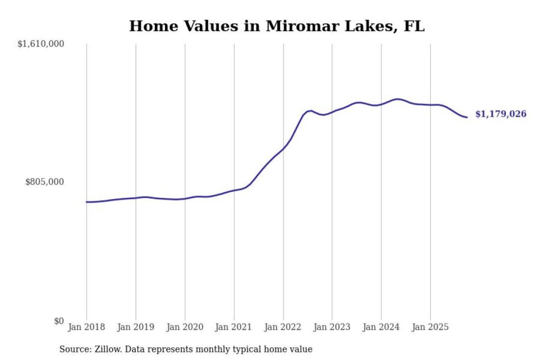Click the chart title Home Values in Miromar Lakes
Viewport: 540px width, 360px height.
tap(277, 26)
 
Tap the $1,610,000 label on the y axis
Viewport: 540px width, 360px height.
tap(41, 44)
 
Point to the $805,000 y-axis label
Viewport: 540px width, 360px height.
tap(45, 182)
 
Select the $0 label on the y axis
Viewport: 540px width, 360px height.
tap(59, 321)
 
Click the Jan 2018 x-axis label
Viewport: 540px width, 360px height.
tap(86, 327)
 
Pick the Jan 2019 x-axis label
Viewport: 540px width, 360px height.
tap(135, 327)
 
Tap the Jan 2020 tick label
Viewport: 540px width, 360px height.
tap(184, 327)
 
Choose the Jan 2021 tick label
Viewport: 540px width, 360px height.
tap(233, 327)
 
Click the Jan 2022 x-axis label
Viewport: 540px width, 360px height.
tap(282, 327)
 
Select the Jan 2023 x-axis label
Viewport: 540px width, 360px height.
tap(331, 327)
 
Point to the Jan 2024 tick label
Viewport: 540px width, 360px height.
tap(381, 327)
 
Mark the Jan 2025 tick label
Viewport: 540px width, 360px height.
tap(430, 327)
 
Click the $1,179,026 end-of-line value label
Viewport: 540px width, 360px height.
tap(501, 114)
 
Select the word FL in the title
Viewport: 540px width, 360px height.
tap(414, 26)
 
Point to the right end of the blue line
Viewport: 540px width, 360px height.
tap(467, 117)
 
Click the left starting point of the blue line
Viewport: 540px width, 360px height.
tap(87, 202)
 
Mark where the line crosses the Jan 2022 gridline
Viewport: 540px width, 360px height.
tap(283, 148)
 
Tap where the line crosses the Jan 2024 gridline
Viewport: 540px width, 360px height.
tap(381, 104)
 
